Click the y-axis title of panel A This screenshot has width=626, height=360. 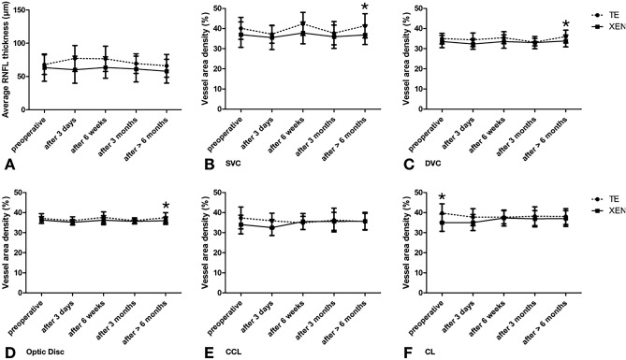click(7, 70)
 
